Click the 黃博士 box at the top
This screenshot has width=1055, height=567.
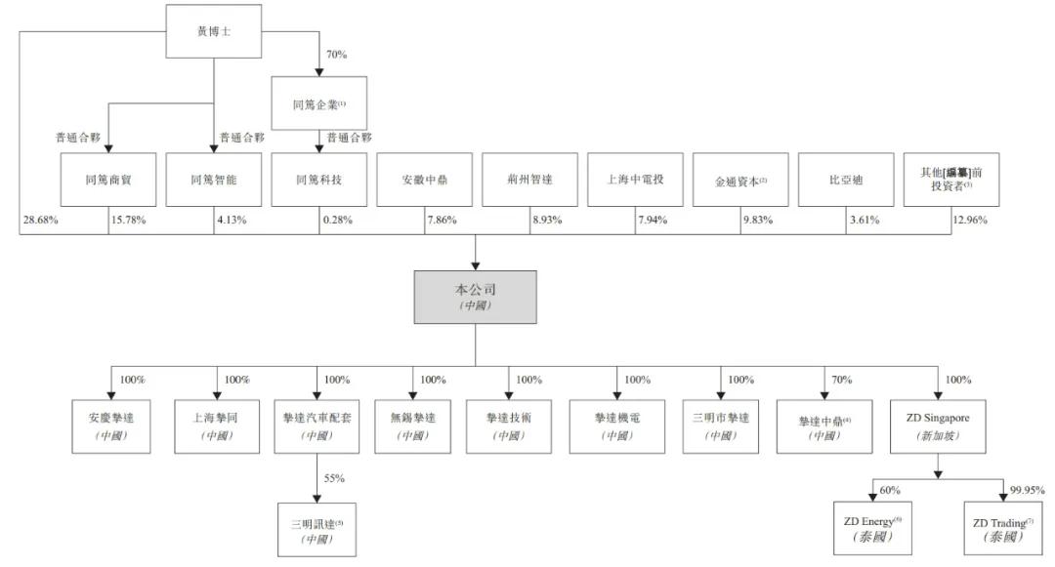213,31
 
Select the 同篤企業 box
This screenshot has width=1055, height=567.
318,102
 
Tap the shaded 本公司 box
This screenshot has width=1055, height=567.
476,297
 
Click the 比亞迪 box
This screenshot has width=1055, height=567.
846,180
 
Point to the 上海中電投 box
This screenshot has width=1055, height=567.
635,180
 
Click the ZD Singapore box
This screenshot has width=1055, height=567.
937,425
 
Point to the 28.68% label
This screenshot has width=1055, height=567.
40,221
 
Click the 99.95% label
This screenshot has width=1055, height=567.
1029,490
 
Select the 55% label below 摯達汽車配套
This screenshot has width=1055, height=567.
333,478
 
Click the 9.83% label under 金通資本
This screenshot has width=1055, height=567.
758,221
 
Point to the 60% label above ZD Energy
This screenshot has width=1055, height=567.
890,490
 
